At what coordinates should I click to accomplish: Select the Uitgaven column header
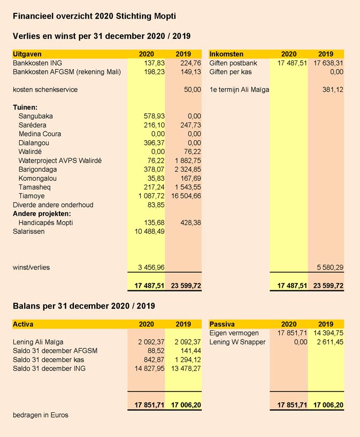click(x=27, y=54)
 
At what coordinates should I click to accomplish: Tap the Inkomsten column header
click(x=226, y=54)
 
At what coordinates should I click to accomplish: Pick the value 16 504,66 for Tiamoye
click(x=183, y=196)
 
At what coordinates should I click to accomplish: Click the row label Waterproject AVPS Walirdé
click(x=60, y=160)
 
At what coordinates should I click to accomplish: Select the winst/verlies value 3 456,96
click(x=147, y=267)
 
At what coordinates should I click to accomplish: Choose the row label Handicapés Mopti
click(x=45, y=223)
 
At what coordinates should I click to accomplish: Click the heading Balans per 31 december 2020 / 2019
click(x=84, y=306)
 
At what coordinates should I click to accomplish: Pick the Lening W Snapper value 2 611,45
click(x=328, y=342)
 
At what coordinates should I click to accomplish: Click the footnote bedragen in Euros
click(x=41, y=415)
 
